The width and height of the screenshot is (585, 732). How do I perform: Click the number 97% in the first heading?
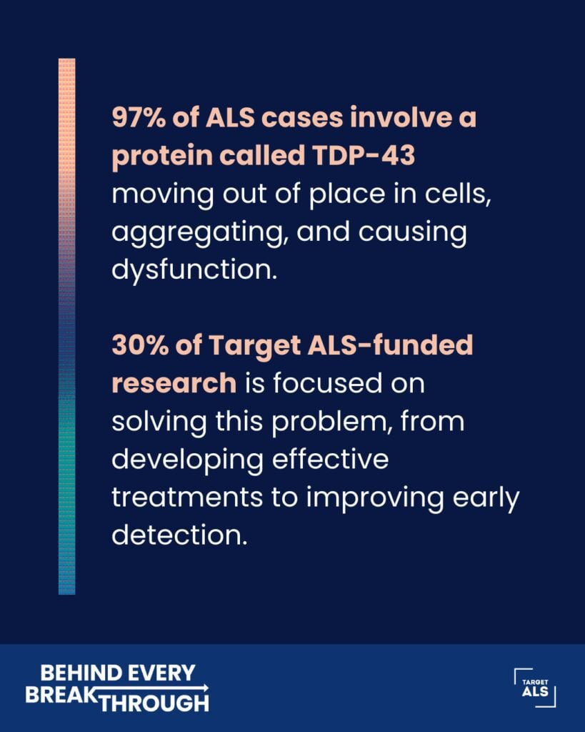(x=139, y=117)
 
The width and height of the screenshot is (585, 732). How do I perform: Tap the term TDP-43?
(x=364, y=155)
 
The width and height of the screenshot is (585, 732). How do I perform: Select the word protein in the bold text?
(x=162, y=157)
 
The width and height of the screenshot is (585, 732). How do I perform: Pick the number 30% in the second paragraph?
(x=139, y=345)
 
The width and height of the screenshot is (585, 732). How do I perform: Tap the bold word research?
(x=174, y=384)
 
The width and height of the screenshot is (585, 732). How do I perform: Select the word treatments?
(x=187, y=498)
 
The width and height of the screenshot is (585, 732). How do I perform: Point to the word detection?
(x=179, y=535)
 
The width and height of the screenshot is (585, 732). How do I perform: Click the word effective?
(x=330, y=459)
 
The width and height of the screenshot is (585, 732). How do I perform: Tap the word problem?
(x=331, y=422)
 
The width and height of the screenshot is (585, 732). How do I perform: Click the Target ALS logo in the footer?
(x=535, y=688)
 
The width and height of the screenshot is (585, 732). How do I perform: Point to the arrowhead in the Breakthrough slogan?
(x=206, y=688)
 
